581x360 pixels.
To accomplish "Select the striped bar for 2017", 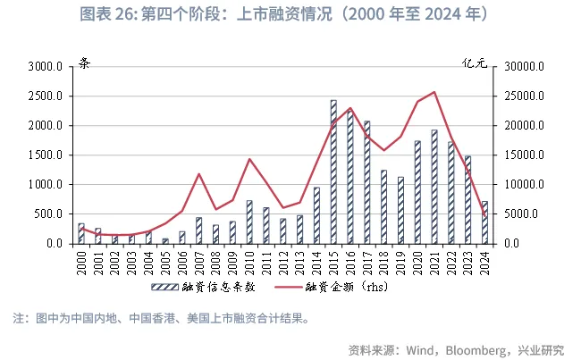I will [366, 182].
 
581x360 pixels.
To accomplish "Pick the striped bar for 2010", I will [249, 222].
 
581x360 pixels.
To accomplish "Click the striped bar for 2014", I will [316, 215].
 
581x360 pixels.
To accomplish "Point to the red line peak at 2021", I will [434, 91].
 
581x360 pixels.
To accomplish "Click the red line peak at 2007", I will [198, 173].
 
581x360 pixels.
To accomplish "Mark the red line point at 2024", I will [484, 217].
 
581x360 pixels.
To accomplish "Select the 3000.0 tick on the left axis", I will [43, 67].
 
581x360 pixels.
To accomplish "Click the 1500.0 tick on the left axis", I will [43, 155].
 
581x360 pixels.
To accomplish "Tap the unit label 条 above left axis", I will [84, 63].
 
